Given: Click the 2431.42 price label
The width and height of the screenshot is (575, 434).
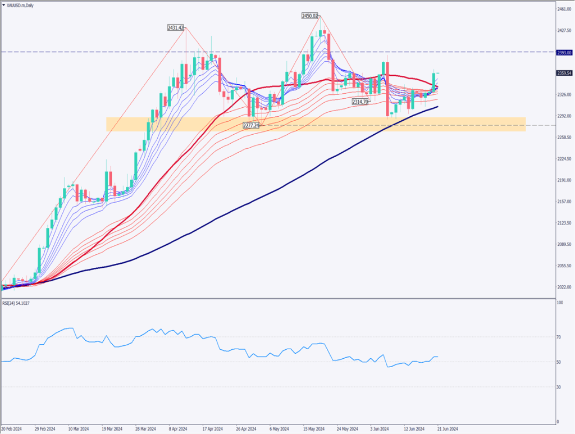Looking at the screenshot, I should click(x=176, y=28).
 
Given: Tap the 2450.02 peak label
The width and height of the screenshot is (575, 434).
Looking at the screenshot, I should click(x=310, y=16).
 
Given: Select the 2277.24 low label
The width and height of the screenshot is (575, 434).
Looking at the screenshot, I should click(x=251, y=125).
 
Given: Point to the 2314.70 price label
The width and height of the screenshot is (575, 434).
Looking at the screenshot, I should click(x=360, y=102).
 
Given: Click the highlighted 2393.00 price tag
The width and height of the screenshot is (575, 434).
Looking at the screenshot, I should click(x=564, y=52).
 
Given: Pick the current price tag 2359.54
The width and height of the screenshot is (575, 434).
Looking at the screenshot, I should click(x=564, y=73).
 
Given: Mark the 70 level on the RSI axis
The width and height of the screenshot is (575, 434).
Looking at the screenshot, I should click(x=559, y=337).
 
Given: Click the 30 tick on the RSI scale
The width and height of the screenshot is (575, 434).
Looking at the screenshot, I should click(x=559, y=387).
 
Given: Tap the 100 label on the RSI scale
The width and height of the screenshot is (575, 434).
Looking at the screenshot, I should click(x=560, y=303).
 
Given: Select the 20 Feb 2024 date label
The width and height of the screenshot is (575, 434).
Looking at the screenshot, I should click(x=11, y=428).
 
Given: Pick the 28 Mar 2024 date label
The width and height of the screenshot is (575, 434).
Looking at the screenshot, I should click(x=145, y=428).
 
